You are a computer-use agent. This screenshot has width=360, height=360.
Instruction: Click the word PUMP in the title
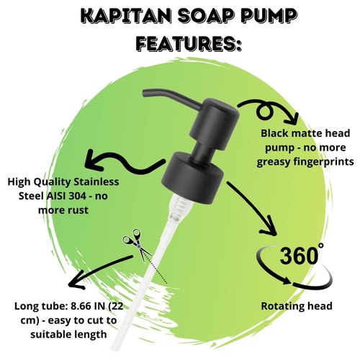point(267,16)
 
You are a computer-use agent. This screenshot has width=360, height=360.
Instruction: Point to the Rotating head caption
point(296,306)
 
